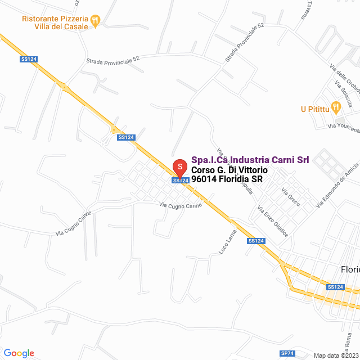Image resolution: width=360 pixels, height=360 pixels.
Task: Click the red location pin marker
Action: pos(179,168)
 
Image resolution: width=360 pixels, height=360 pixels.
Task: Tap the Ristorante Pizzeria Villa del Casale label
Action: pos(55,22)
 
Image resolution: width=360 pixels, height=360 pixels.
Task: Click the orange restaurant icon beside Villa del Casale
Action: pos(96,20)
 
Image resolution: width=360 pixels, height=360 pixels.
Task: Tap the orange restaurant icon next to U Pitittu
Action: pos(336,106)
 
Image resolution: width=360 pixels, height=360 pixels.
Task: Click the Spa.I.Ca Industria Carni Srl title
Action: pos(250,160)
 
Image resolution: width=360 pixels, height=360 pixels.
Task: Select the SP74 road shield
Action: pos(287,353)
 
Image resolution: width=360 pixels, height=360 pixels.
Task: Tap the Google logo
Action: pos(19,353)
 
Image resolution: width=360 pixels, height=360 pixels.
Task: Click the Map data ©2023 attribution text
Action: pos(335,355)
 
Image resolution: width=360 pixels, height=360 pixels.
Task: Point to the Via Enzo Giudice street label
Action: pos(273,220)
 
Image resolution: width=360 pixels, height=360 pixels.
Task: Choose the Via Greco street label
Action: pos(291,197)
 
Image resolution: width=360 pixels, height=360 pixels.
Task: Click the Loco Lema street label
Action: pos(224,242)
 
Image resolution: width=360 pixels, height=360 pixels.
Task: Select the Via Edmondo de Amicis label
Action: pos(337,185)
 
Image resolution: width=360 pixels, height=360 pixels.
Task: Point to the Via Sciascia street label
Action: pos(343,95)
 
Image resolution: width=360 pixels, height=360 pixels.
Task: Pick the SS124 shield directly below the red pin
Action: pos(180,181)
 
